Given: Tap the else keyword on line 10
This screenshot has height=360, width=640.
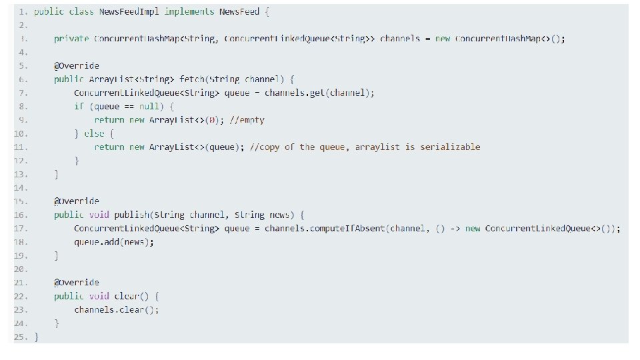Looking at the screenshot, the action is coord(95,133).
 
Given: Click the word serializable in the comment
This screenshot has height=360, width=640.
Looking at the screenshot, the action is coord(450,147).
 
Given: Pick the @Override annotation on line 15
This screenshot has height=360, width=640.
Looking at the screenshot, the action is coord(77,201).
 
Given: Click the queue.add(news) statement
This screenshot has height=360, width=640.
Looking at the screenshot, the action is coord(114,241).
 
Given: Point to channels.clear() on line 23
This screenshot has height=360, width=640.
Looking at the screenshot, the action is coord(117,309).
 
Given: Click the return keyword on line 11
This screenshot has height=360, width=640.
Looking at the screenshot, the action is coord(109,147).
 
